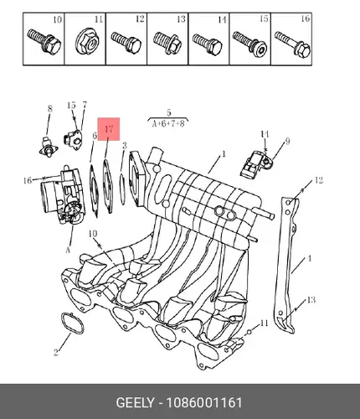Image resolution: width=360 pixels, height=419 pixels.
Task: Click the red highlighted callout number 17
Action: point(109,129)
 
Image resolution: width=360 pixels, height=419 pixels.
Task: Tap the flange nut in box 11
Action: point(87,43)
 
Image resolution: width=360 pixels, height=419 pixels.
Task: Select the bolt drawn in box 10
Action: point(44,42)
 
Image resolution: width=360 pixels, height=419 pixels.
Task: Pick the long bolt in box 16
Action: point(292,44)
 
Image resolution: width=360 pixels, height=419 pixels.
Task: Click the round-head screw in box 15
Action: point(249,44)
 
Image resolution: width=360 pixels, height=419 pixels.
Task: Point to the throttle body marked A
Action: point(62,194)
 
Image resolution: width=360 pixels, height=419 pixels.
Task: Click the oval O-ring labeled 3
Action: point(122,189)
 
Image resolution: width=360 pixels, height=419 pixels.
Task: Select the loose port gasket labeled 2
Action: point(72,323)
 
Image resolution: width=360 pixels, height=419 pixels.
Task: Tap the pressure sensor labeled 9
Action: point(255,164)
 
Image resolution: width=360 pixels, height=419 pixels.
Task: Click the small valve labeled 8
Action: point(49,146)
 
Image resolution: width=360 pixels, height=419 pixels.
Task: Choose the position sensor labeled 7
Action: point(72,138)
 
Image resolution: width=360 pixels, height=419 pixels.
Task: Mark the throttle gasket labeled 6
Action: point(94,191)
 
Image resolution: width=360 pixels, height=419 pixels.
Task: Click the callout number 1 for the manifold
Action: point(224,154)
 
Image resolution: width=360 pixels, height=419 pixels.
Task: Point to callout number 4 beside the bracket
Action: point(309,259)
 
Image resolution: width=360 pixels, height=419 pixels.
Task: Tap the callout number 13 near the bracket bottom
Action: point(311,300)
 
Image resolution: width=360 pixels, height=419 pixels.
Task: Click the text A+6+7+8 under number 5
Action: point(168,123)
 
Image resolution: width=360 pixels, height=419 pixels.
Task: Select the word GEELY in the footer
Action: point(135,402)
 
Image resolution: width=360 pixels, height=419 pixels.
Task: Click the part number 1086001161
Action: point(204,402)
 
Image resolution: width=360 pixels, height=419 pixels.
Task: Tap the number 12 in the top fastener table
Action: point(140,19)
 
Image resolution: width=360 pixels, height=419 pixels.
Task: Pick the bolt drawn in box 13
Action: point(167,43)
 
